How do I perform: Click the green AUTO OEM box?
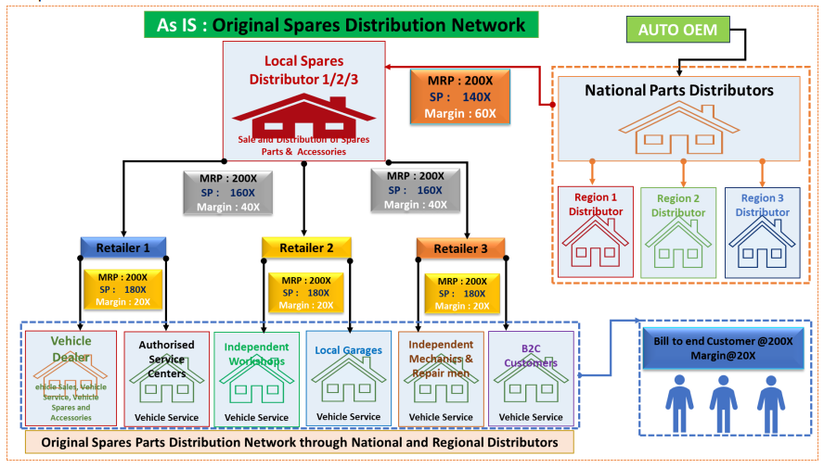pos(677,31)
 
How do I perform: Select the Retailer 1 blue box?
pos(122,247)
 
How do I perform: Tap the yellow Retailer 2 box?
pos(305,247)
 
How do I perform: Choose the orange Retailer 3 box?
pos(459,247)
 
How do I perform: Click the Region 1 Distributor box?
pos(594,232)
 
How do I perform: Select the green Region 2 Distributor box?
pos(678,232)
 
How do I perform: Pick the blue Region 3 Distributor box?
pos(763,232)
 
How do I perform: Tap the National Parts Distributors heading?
pos(679,91)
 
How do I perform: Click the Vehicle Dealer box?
pos(71,378)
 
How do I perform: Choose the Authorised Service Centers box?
pos(166,378)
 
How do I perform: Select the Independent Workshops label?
pos(257,354)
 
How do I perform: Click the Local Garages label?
pos(349,350)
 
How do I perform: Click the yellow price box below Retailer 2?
pos(305,292)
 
